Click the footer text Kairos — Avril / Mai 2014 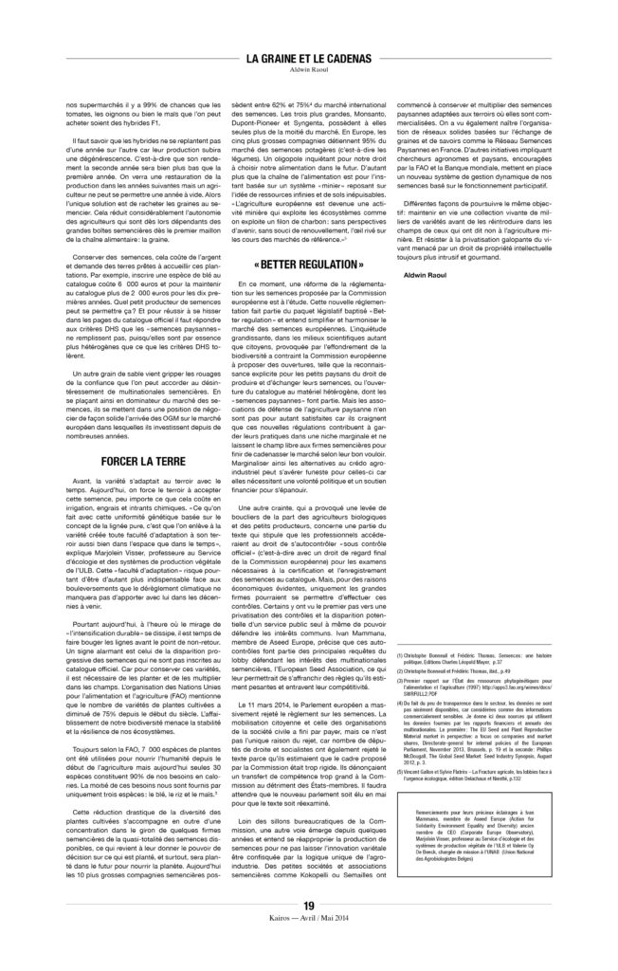tap(308, 946)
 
